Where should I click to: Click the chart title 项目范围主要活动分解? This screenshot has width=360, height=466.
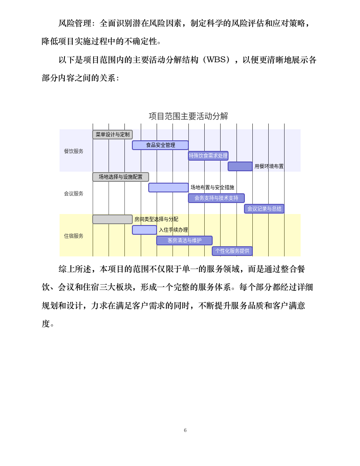[x=188, y=116]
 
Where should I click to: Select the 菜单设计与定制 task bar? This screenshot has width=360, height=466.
[x=112, y=135]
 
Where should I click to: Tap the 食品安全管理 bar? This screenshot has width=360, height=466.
[x=160, y=145]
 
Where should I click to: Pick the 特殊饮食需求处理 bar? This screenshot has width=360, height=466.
[x=208, y=156]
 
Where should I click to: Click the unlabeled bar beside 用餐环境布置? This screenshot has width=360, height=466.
[x=240, y=166]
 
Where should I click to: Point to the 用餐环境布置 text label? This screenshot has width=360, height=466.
[x=269, y=166]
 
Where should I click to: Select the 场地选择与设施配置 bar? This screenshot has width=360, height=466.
[x=120, y=177]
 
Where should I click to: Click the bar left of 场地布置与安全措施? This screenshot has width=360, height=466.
[x=168, y=188]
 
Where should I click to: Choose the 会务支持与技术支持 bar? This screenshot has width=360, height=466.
[x=216, y=198]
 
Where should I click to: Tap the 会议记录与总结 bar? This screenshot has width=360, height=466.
[x=264, y=209]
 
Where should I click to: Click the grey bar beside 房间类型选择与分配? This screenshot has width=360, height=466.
[x=112, y=219]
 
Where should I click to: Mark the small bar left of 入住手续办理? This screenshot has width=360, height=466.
[x=144, y=230]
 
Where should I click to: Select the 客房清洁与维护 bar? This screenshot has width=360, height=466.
[x=184, y=241]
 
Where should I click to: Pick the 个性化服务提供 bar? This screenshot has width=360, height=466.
[x=232, y=251]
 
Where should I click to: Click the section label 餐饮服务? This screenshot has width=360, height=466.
[x=74, y=151]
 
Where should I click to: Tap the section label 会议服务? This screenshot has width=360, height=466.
[x=74, y=193]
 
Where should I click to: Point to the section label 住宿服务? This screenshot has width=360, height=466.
[x=74, y=236]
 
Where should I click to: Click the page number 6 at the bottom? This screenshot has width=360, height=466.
[x=185, y=430]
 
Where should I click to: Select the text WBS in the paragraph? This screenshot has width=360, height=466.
[x=216, y=60]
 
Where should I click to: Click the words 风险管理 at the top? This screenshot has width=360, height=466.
[x=75, y=23]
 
